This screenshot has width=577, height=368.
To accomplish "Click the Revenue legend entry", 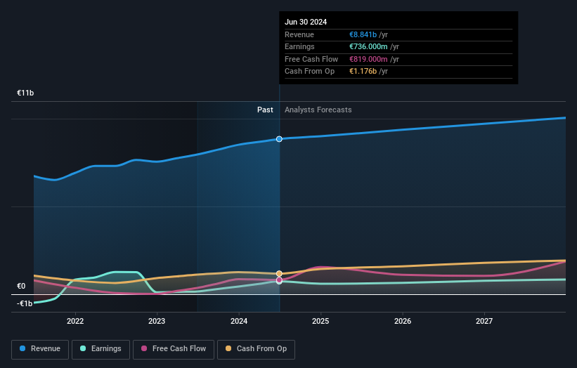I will [41, 348].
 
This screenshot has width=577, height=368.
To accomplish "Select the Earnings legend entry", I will [101, 348].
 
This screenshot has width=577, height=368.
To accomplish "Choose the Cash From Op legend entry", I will [256, 348].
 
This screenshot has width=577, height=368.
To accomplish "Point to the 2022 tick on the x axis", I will [75, 321].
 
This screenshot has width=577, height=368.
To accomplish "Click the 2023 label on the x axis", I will [157, 321].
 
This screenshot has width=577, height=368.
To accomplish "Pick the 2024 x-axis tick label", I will [239, 321].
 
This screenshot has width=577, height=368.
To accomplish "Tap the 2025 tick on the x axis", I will [320, 321].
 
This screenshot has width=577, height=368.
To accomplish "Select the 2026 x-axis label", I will [403, 321].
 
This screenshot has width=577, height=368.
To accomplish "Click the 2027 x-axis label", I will [484, 321].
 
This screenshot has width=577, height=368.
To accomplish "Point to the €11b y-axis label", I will [26, 93].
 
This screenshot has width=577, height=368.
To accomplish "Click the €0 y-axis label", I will [21, 286].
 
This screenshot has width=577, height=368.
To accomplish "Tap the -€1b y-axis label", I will [25, 303].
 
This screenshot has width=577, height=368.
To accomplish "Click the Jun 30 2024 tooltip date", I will [306, 22].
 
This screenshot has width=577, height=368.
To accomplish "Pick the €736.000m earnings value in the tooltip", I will [372, 47].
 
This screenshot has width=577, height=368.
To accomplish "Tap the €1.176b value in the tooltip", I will [368, 71].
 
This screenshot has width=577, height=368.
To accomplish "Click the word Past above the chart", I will [265, 110].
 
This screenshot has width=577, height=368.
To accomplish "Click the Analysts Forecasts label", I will [318, 110].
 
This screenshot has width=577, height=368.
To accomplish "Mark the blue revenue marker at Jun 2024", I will [279, 139].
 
